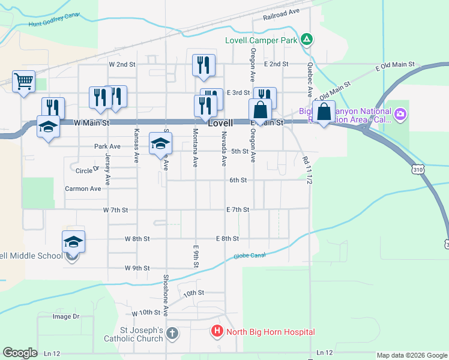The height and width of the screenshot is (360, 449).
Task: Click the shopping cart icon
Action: point(23,81)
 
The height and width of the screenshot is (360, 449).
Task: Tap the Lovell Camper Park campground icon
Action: point(307,40)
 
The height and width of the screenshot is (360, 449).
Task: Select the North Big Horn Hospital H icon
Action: point(216,331)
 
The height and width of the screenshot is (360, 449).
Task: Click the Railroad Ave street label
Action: point(280,14)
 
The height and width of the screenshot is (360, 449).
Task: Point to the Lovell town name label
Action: point(220,122)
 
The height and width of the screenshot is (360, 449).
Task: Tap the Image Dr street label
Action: point(66,316)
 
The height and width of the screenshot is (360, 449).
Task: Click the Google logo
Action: point(20,353)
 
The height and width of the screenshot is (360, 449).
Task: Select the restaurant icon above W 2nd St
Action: point(203,65)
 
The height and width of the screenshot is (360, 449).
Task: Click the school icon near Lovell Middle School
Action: point(73,242)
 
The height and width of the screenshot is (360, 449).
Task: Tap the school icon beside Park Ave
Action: point(160,143)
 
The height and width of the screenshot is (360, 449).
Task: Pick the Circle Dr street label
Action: point(88,170)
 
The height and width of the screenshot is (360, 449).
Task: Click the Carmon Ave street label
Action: point(83,188)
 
